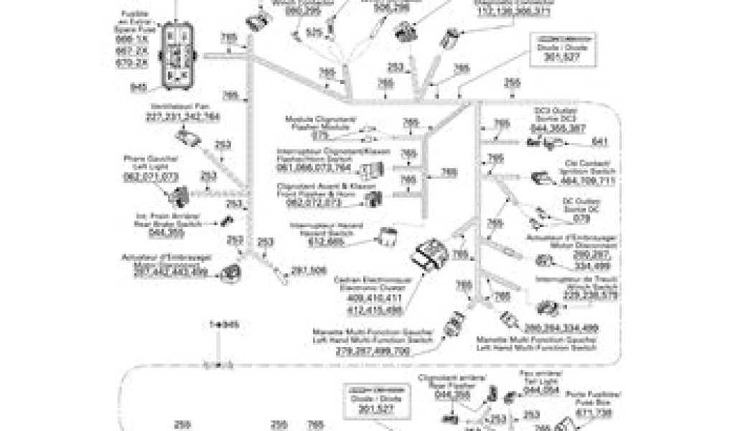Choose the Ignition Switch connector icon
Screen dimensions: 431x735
point(540,178)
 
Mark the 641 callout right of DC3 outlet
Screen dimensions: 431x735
point(601,141)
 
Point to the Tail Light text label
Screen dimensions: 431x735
point(541,380)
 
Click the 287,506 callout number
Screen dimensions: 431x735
point(309,270)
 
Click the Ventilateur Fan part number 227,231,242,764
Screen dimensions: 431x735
point(182,116)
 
